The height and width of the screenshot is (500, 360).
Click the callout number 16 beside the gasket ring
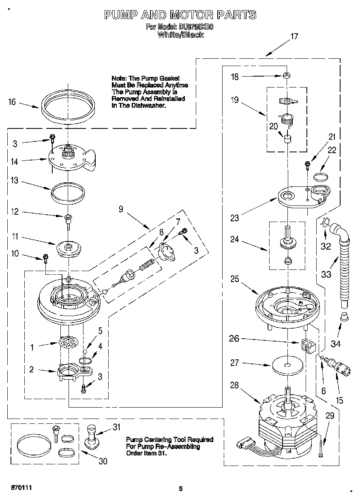(x=12, y=102)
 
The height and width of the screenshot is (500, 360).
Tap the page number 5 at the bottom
(x=181, y=489)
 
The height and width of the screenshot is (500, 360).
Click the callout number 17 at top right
(x=294, y=36)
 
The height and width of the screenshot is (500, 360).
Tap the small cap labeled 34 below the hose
(x=344, y=316)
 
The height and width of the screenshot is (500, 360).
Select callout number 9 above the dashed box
(x=121, y=209)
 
